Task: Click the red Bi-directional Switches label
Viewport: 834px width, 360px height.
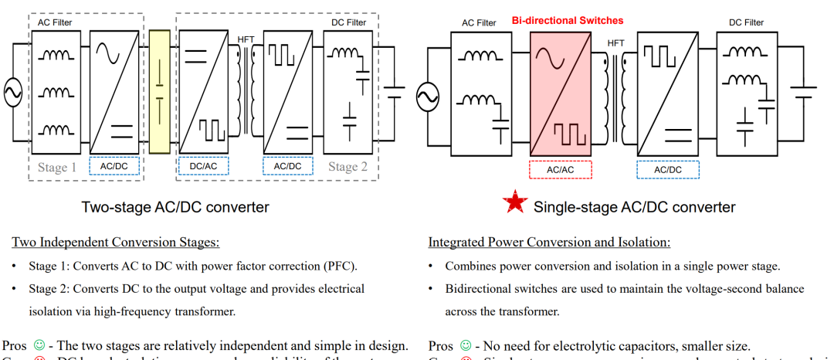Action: [567, 21]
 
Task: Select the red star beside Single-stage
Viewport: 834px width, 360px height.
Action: [514, 205]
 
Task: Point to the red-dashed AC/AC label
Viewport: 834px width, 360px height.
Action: [560, 169]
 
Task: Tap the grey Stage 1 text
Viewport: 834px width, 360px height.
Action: [58, 167]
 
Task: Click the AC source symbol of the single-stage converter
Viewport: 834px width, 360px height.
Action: [428, 97]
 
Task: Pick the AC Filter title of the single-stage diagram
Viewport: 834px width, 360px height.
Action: [479, 23]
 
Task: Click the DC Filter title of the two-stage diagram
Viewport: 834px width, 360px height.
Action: [349, 22]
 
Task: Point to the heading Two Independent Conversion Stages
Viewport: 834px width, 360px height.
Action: [116, 243]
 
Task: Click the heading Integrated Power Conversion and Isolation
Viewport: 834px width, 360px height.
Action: [549, 243]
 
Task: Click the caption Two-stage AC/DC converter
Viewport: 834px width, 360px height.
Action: [175, 207]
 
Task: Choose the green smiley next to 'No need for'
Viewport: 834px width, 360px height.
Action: [465, 345]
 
